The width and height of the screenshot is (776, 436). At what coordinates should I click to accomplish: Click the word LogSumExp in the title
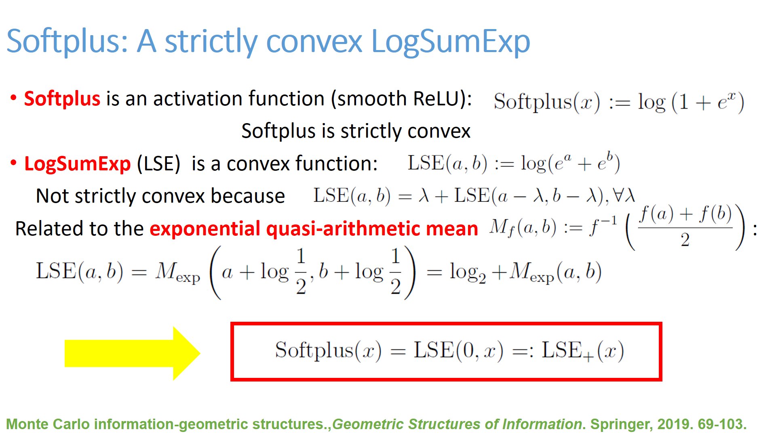pyautogui.click(x=450, y=42)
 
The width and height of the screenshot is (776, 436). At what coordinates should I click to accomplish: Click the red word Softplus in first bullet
pyautogui.click(x=62, y=99)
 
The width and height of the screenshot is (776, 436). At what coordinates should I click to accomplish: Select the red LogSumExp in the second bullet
pyautogui.click(x=77, y=164)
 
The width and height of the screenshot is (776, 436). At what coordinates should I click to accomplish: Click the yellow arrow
pyautogui.click(x=132, y=353)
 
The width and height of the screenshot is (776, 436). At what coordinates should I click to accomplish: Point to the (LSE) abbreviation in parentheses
pyautogui.click(x=158, y=164)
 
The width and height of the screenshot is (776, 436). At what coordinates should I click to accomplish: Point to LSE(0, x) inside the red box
pyautogui.click(x=458, y=350)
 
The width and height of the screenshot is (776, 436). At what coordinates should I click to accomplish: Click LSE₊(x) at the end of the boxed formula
pyautogui.click(x=582, y=350)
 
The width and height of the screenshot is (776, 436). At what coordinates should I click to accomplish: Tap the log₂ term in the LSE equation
pyautogui.click(x=467, y=272)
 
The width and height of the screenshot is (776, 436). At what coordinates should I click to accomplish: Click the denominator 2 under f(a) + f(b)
pyautogui.click(x=685, y=240)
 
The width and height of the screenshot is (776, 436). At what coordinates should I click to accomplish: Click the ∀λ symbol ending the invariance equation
pyautogui.click(x=624, y=196)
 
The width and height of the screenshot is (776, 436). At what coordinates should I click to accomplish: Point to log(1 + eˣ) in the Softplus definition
pyautogui.click(x=690, y=102)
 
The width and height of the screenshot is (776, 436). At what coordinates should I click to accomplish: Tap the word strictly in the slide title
pyautogui.click(x=210, y=42)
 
